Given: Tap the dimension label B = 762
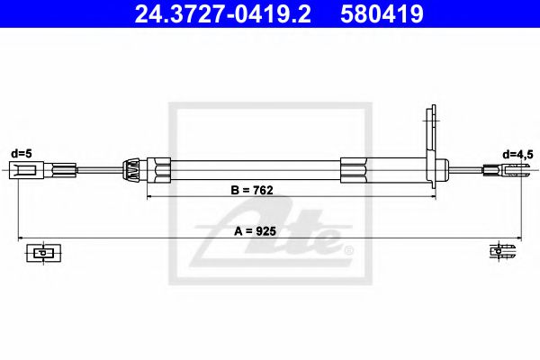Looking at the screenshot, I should click(252, 190).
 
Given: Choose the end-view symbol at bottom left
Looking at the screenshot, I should click(40, 253).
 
